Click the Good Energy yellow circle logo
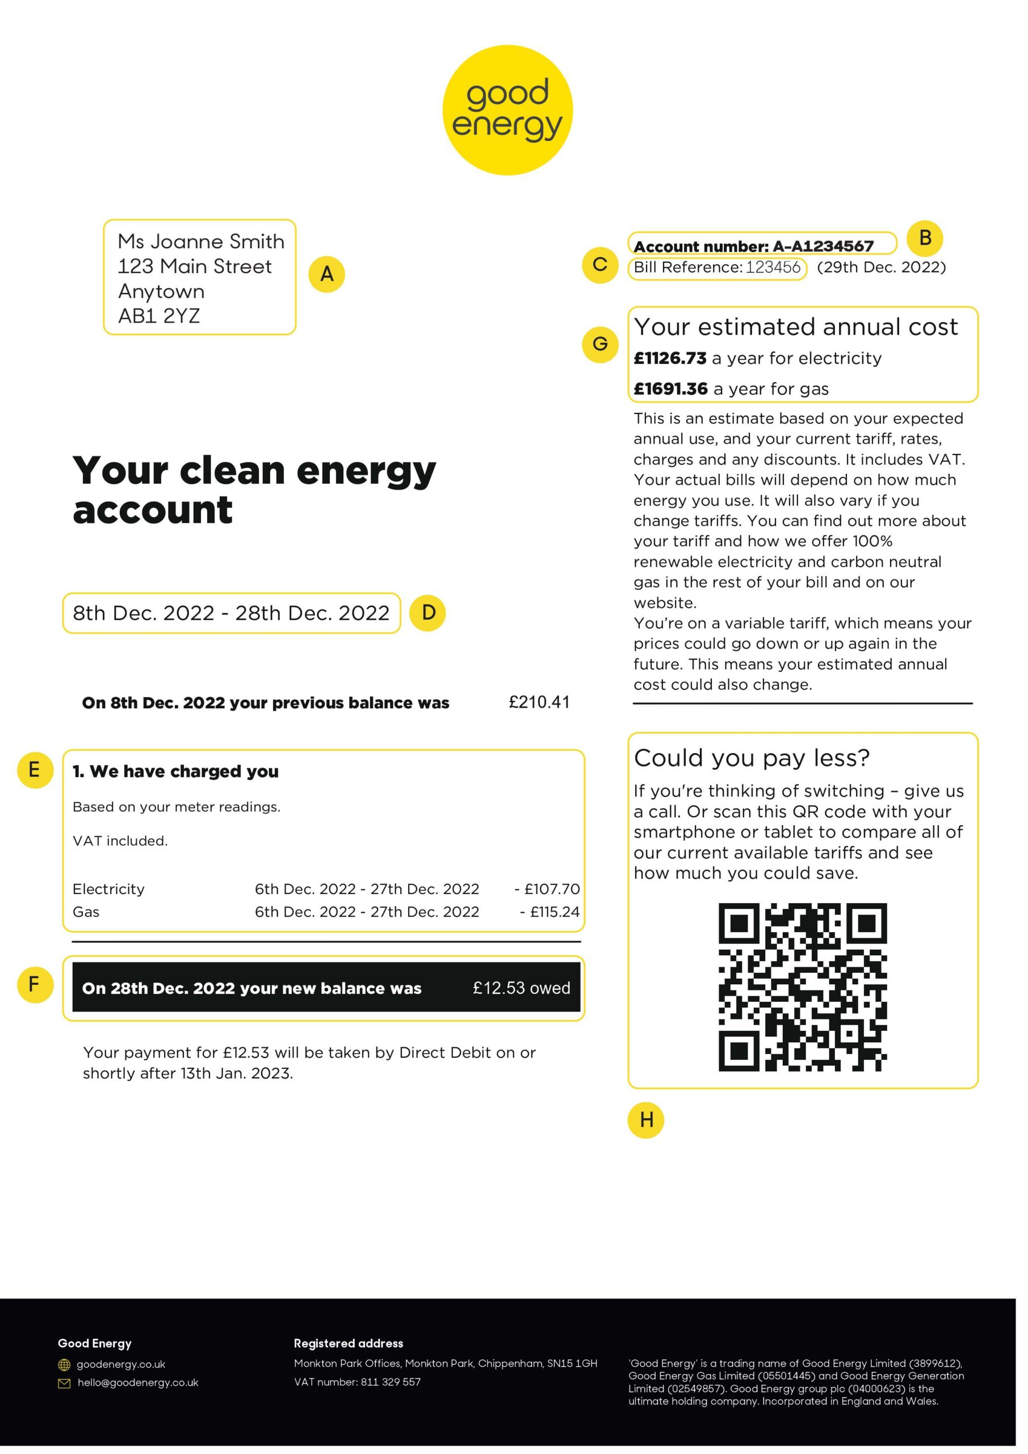click(x=507, y=110)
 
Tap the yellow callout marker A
click(x=326, y=274)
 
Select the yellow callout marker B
click(x=925, y=238)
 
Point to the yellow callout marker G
click(x=600, y=344)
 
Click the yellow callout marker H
click(x=645, y=1119)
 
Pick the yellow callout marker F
click(x=35, y=985)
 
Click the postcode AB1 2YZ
click(x=159, y=316)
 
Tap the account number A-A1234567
click(x=823, y=246)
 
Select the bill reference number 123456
click(x=773, y=268)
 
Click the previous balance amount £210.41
click(x=539, y=703)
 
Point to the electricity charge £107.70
click(x=548, y=889)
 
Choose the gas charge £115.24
click(x=550, y=912)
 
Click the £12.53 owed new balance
click(x=521, y=988)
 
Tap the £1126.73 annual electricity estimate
click(x=670, y=358)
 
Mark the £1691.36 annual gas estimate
click(x=670, y=389)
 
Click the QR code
click(x=802, y=987)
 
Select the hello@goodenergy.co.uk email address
click(x=138, y=1383)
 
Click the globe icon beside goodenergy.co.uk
click(x=64, y=1365)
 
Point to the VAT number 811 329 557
click(x=390, y=1382)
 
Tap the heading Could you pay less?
click(x=752, y=758)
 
